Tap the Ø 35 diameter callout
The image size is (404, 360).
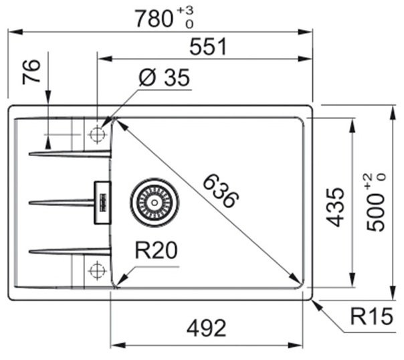(x=164, y=79)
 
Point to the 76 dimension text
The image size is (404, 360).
(x=33, y=72)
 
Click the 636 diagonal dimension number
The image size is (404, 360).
(x=220, y=191)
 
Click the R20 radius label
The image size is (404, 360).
(x=155, y=252)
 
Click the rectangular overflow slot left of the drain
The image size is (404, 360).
(x=103, y=201)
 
